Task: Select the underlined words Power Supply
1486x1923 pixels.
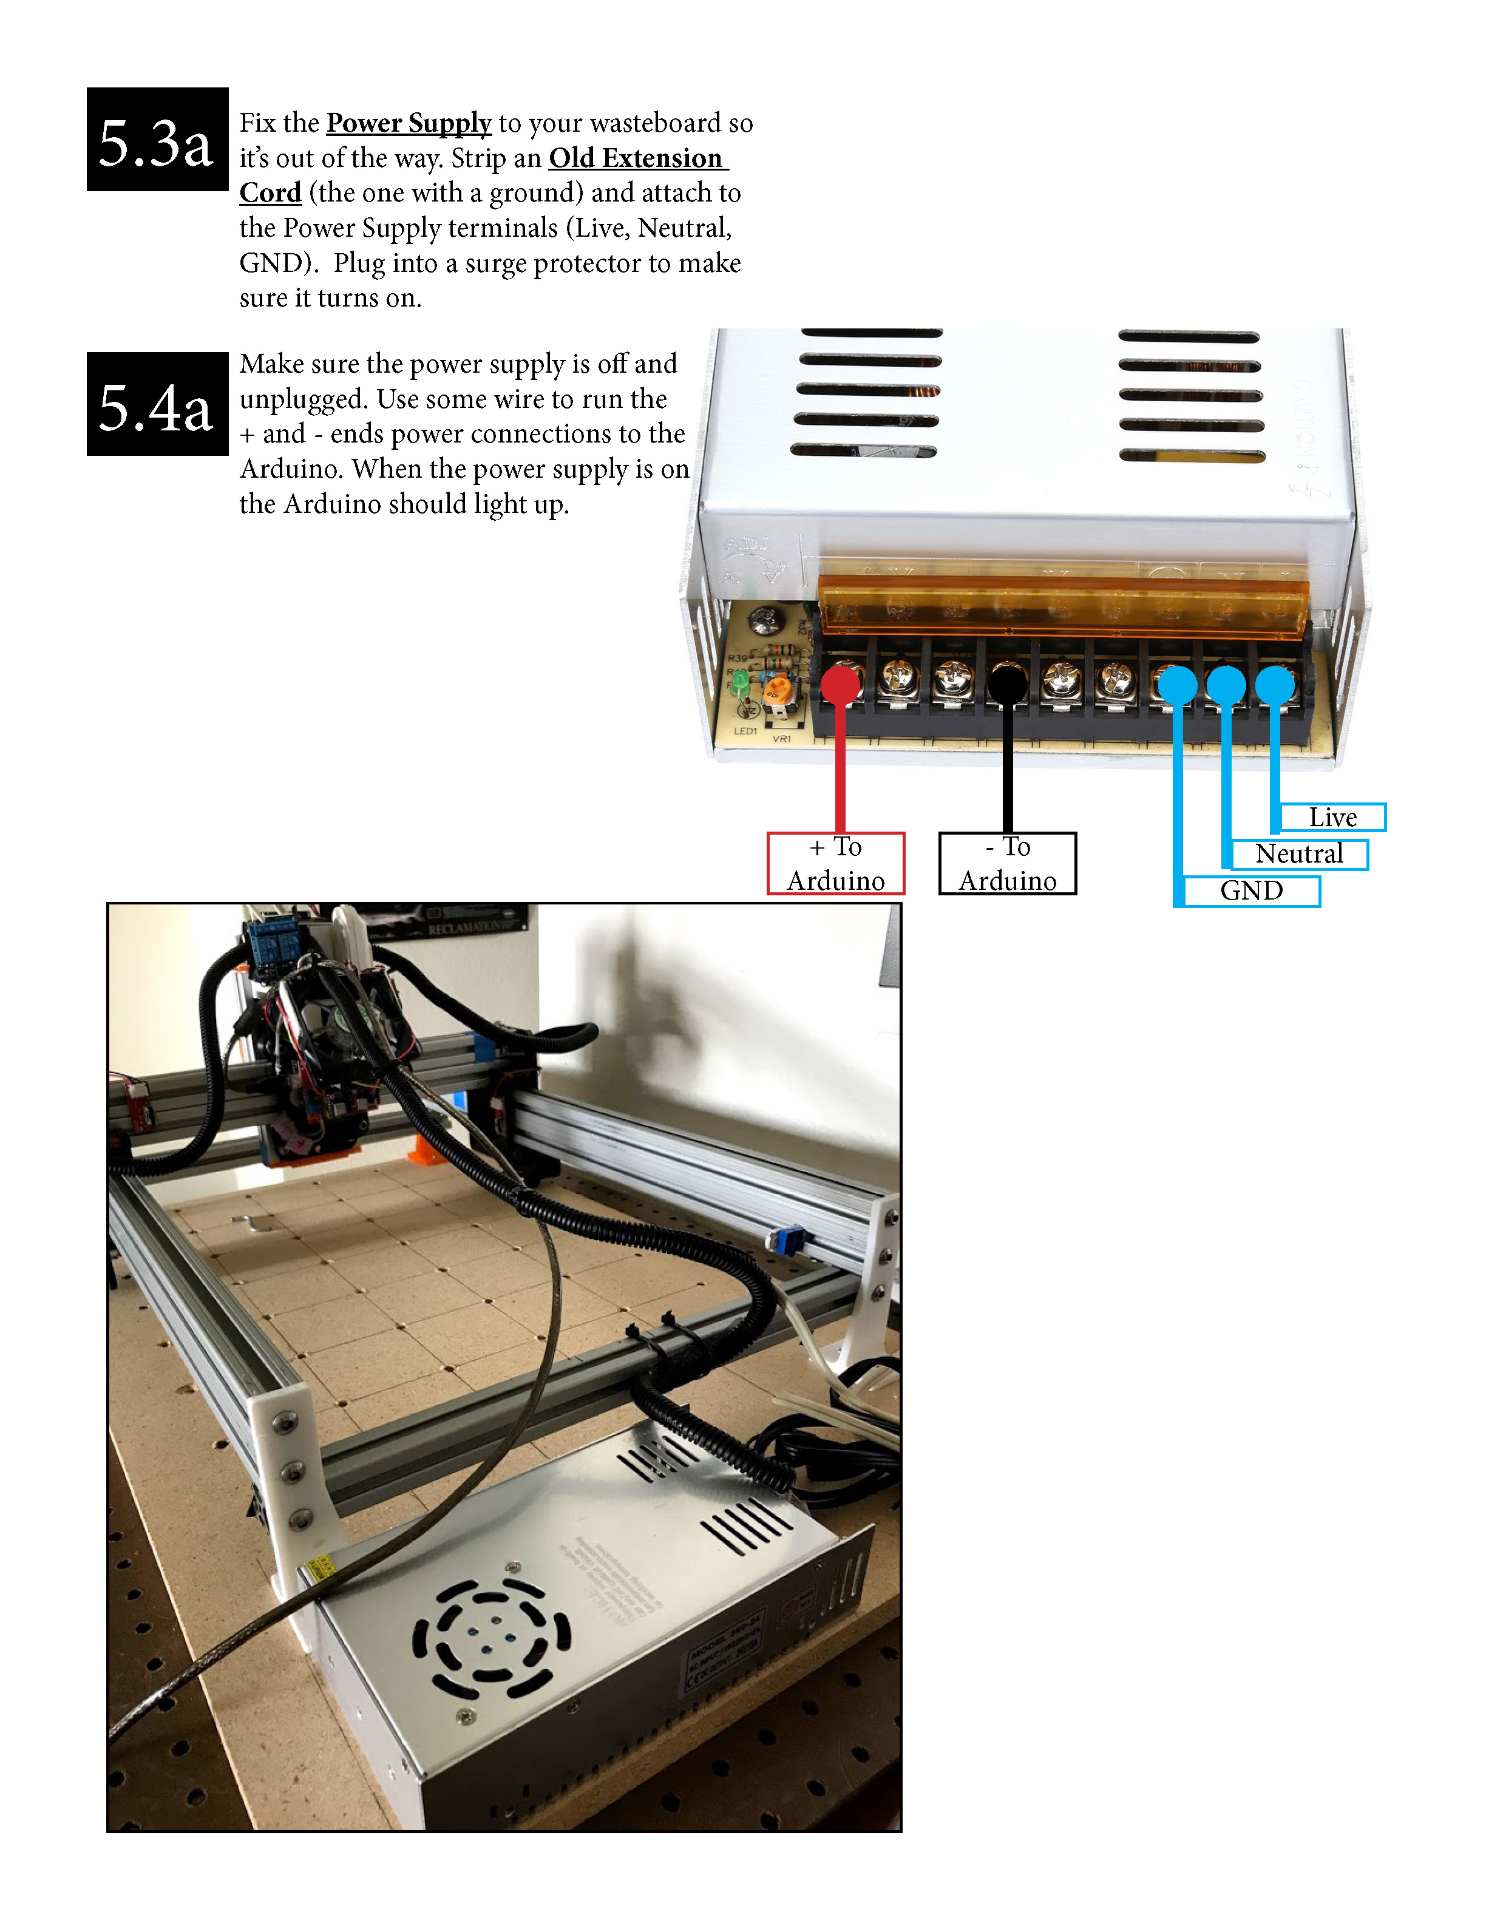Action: (x=409, y=123)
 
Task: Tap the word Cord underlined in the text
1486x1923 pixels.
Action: (x=270, y=193)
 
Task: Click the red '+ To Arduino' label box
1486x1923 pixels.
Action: (x=835, y=863)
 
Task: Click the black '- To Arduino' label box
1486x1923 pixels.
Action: (x=1007, y=863)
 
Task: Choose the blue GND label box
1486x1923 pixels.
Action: (x=1251, y=891)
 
